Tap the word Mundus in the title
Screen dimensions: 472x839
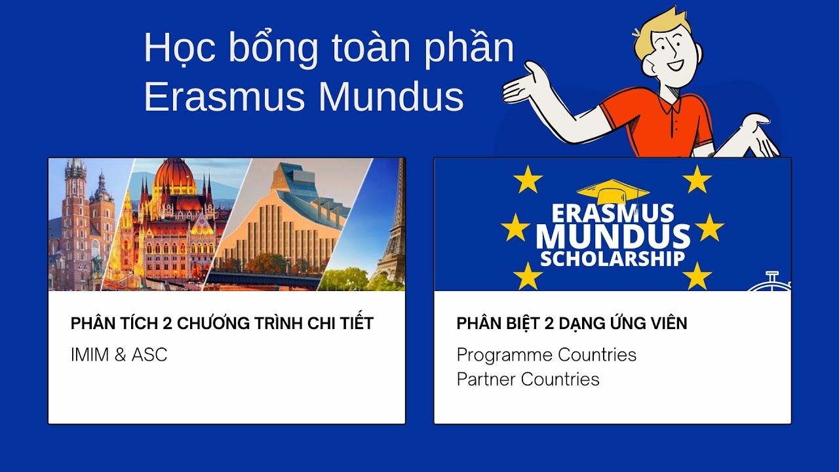391,97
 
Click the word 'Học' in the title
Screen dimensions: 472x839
176,49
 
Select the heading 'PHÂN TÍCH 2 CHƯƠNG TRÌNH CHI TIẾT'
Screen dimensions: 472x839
222,323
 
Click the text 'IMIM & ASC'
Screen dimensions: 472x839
119,355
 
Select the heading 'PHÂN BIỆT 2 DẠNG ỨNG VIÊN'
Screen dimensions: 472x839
572,323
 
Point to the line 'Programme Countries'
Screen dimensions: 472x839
546,355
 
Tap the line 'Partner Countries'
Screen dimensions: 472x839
528,379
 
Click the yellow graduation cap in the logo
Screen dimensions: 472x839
612,192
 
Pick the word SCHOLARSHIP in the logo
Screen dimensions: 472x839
612,258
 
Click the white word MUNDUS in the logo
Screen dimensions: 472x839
612,236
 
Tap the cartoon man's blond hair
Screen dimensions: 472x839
659,26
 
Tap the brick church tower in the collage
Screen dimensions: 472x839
75,216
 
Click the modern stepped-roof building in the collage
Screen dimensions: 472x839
295,210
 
